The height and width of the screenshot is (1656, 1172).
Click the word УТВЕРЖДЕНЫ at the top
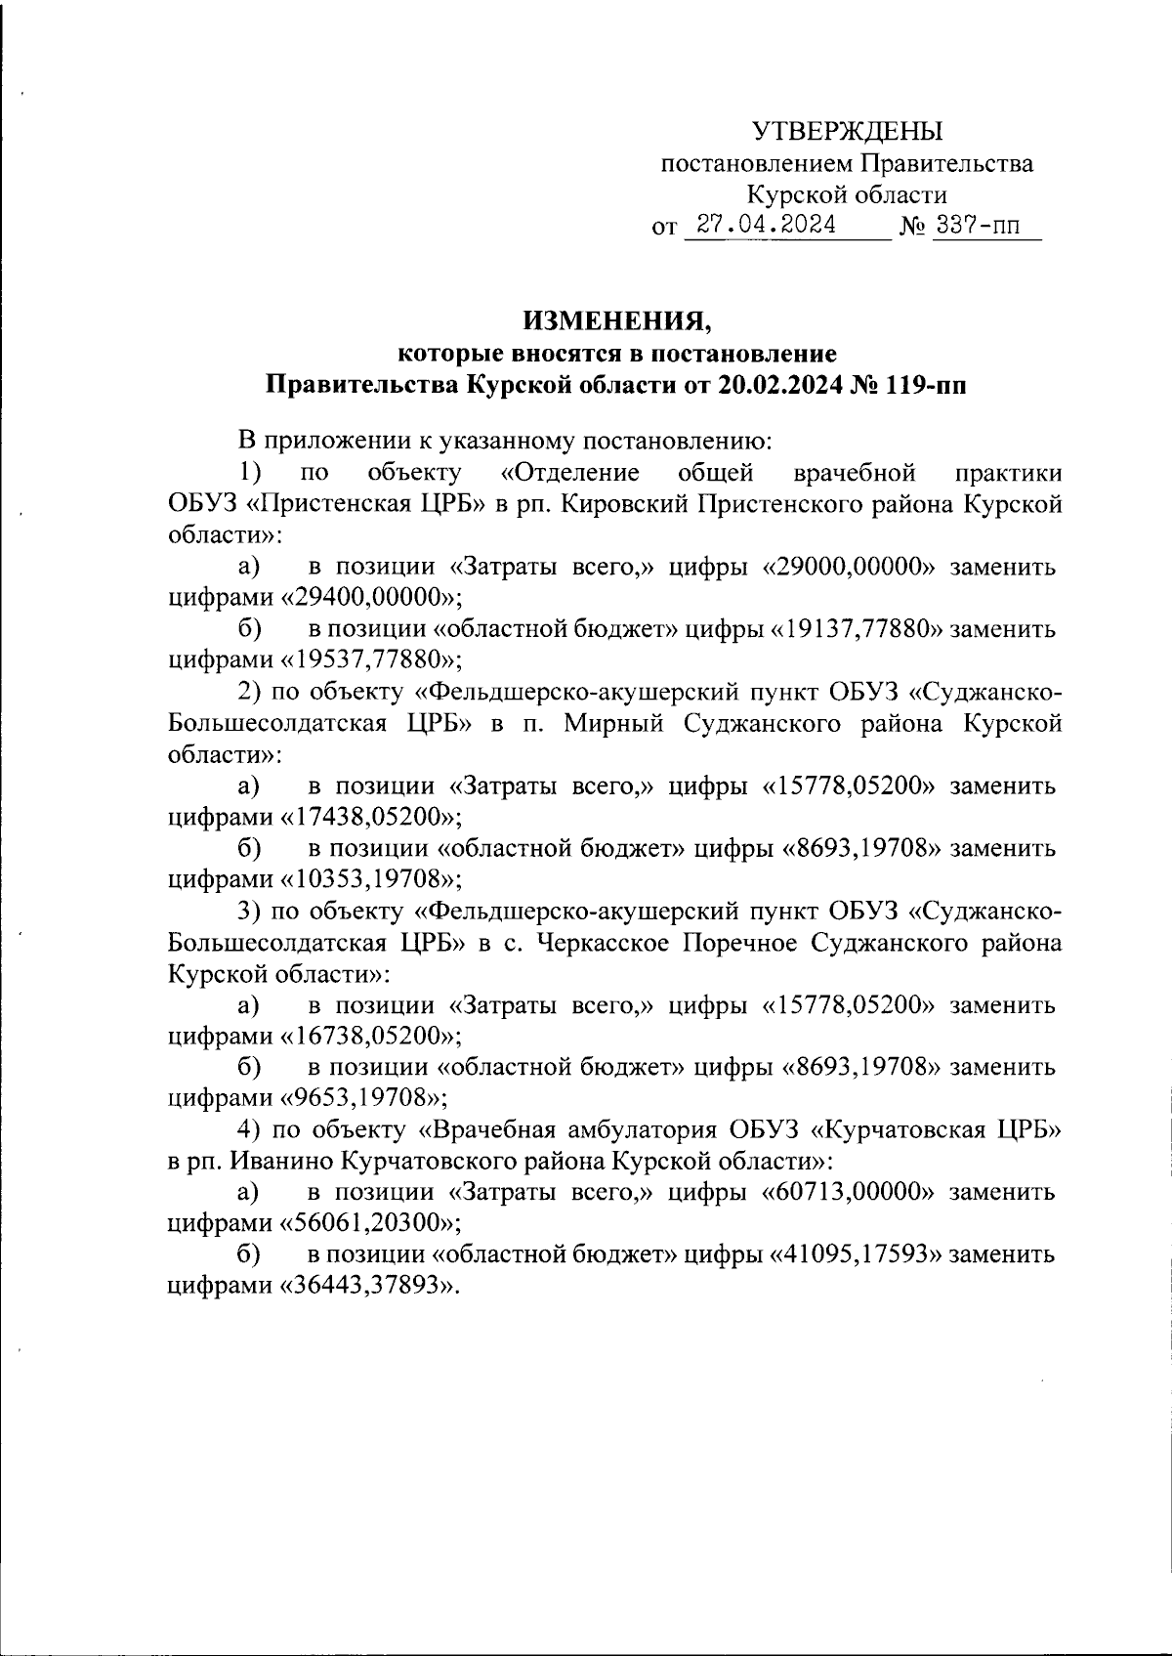click(847, 130)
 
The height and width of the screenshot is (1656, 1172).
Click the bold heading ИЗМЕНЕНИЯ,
click(614, 319)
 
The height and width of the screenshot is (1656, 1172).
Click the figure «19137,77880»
click(859, 629)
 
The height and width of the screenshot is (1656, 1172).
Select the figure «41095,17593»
click(859, 1254)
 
